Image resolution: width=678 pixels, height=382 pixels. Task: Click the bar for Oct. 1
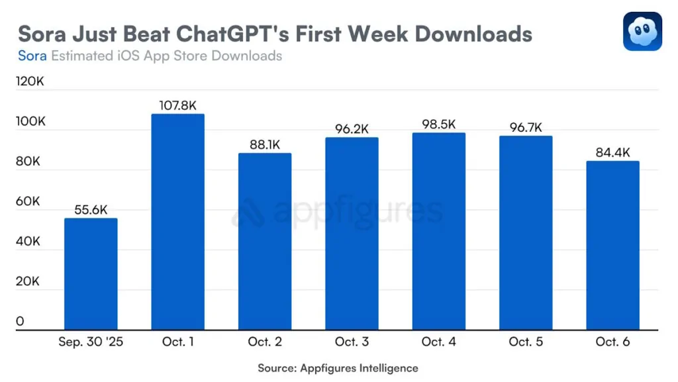[x=178, y=222]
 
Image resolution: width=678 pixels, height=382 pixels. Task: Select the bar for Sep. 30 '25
[x=91, y=274]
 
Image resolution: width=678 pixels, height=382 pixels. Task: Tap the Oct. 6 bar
[x=612, y=245]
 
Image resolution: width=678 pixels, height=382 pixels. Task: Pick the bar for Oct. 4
[x=438, y=231]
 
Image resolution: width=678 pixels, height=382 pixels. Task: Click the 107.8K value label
[x=178, y=105]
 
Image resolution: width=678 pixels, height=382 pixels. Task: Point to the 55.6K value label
[x=91, y=209]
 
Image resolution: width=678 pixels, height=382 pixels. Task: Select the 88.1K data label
[x=265, y=144]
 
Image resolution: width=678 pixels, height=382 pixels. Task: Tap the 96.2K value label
[x=352, y=129]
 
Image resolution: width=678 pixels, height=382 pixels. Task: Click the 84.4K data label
[x=612, y=152]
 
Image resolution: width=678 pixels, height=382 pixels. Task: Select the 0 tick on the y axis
[x=21, y=322]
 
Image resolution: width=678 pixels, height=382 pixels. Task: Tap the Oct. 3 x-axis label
[x=352, y=342]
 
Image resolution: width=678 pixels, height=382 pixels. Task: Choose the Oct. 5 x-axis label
[x=526, y=342]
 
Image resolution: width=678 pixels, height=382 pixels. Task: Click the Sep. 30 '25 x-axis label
[x=91, y=342]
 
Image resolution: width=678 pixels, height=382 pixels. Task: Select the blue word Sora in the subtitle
[x=32, y=56]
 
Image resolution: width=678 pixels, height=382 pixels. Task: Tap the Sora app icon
[x=642, y=31]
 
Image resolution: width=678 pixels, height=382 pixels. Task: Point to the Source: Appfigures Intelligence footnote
[x=338, y=367]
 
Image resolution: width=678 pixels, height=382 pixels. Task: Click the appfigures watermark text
[x=358, y=212]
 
